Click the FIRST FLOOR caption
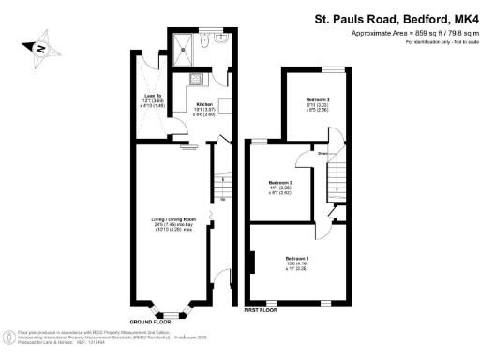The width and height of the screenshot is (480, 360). coord(261,308)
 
